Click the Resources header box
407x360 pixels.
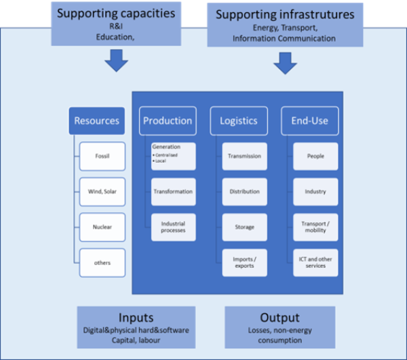point(97,121)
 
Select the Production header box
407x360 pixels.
point(168,121)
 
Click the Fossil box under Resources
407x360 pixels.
point(102,156)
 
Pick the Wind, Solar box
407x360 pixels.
point(102,192)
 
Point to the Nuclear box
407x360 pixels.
point(102,227)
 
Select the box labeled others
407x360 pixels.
point(102,262)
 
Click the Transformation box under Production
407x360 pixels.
point(174,192)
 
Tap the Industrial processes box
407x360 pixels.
point(174,227)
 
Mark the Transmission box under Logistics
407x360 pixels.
point(244,156)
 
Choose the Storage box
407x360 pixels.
point(244,227)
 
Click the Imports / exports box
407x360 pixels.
point(244,262)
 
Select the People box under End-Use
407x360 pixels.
point(315,156)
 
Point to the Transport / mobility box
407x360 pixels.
point(315,227)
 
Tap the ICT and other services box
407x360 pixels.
point(315,262)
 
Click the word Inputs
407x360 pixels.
point(136,318)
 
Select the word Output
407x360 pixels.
point(279,318)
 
